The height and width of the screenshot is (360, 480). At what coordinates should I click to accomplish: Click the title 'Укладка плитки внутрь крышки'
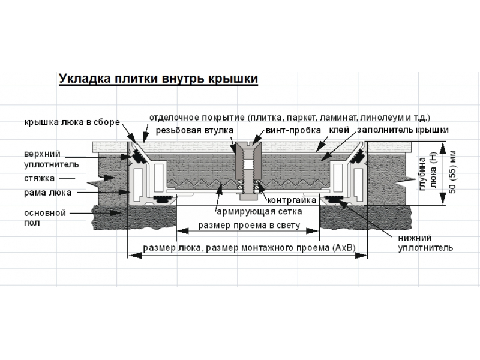(x=158, y=79)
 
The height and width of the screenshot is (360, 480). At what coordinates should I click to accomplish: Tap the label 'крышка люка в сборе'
(x=72, y=122)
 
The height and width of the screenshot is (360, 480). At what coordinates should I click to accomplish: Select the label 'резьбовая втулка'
(x=194, y=130)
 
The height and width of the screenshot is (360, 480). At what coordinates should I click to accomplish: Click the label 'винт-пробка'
(x=293, y=130)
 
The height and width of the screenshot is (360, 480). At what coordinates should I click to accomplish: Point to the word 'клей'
(x=339, y=130)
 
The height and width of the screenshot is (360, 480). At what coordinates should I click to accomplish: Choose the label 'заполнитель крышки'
(x=403, y=130)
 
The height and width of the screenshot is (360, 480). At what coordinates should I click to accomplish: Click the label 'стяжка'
(x=40, y=178)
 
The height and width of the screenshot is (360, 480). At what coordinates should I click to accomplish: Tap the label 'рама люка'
(x=48, y=193)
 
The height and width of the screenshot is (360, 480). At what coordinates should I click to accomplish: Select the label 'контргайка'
(x=292, y=200)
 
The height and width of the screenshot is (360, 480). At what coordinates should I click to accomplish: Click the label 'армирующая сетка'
(x=259, y=212)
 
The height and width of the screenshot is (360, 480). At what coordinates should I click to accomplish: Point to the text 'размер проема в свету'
(x=249, y=226)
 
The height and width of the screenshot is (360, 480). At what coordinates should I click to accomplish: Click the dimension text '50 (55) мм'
(x=453, y=172)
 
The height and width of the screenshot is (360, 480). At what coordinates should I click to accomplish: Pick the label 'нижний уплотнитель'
(x=425, y=243)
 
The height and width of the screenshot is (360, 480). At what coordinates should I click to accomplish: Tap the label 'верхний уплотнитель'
(x=52, y=159)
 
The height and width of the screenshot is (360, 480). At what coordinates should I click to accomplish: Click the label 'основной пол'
(x=45, y=218)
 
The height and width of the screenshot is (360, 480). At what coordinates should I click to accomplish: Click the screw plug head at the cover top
(x=248, y=144)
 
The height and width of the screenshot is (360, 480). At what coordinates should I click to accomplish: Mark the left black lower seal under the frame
(x=162, y=199)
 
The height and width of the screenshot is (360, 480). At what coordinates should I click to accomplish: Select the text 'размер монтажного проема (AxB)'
(x=281, y=247)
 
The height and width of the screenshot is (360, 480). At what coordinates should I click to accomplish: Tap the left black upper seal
(x=138, y=158)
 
